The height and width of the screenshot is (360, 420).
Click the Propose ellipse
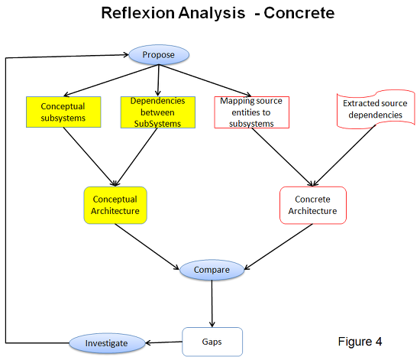click(x=159, y=55)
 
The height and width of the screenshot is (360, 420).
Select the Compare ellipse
click(x=212, y=270)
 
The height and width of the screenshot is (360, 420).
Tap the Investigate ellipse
click(x=107, y=343)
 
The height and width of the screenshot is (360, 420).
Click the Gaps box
click(x=212, y=342)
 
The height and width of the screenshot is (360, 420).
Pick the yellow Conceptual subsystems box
click(x=63, y=112)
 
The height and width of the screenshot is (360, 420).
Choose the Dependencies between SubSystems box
click(x=158, y=112)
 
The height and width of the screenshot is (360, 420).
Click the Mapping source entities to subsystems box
click(x=251, y=112)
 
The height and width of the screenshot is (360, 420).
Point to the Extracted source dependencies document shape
click(x=376, y=109)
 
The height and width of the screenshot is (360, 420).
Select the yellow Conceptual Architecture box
click(x=115, y=205)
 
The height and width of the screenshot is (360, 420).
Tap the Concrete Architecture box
click(x=313, y=205)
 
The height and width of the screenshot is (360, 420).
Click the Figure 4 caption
click(x=360, y=342)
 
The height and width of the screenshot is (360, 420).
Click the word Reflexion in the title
click(x=137, y=13)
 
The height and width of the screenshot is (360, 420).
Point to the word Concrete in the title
click(x=299, y=13)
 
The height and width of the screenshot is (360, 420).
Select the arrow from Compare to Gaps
click(x=212, y=303)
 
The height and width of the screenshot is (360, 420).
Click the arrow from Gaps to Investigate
click(x=163, y=342)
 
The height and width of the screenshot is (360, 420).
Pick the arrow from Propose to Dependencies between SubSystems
click(x=158, y=80)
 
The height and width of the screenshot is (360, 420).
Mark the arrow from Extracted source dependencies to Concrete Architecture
click(x=344, y=155)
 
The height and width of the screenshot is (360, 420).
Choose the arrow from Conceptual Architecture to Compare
click(x=147, y=247)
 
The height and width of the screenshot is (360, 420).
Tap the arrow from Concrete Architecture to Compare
click(x=279, y=247)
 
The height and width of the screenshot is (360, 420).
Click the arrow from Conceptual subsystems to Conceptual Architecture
click(x=89, y=157)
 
